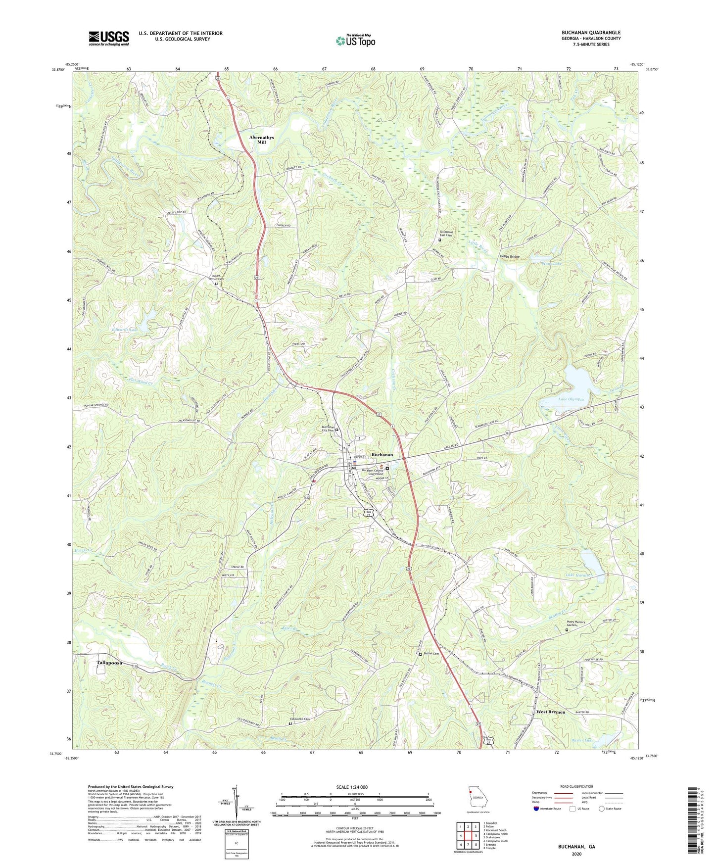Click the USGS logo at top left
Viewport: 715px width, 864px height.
(x=109, y=38)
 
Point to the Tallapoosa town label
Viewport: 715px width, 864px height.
(x=109, y=662)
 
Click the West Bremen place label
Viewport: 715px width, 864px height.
(x=550, y=712)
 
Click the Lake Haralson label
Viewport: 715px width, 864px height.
(x=578, y=576)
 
